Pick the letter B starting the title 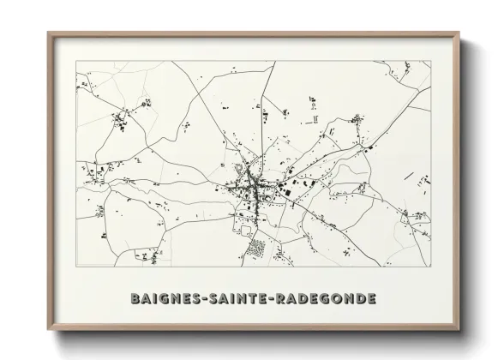tap(135, 298)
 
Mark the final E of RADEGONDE tap(369, 298)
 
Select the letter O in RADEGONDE tap(333, 298)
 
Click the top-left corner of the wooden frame tap(48, 33)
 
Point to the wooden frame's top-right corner tap(460, 33)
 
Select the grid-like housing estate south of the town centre tap(256, 249)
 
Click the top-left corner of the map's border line tap(76, 61)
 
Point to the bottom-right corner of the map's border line tap(431, 267)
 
